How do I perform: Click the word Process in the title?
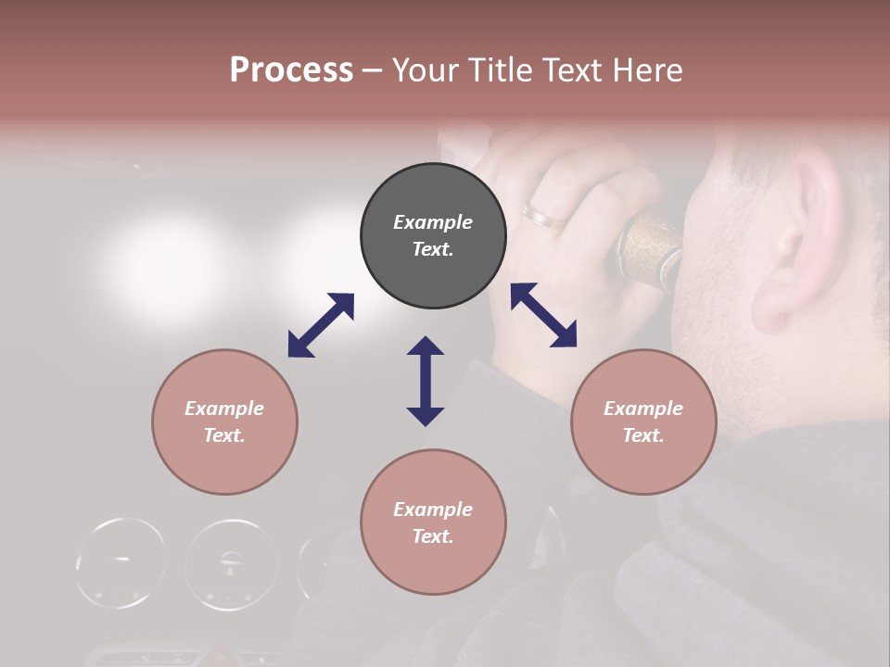point(291,70)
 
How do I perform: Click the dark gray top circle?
point(433,236)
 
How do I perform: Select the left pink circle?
point(224,422)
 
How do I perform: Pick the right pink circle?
point(642,422)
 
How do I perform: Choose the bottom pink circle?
point(433,522)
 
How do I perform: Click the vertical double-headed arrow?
point(426,381)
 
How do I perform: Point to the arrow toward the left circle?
point(321,325)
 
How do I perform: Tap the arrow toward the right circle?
point(543,315)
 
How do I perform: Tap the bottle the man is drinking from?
point(649,250)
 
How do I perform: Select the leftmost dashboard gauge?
point(121,562)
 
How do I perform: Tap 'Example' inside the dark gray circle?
point(433,222)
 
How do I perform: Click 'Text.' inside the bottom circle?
point(433,536)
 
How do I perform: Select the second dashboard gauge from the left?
point(231,562)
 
